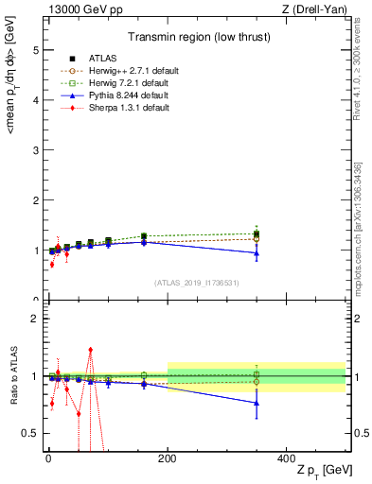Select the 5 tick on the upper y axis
35,49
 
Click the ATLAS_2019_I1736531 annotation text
196,282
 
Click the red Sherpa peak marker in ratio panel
90,350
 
